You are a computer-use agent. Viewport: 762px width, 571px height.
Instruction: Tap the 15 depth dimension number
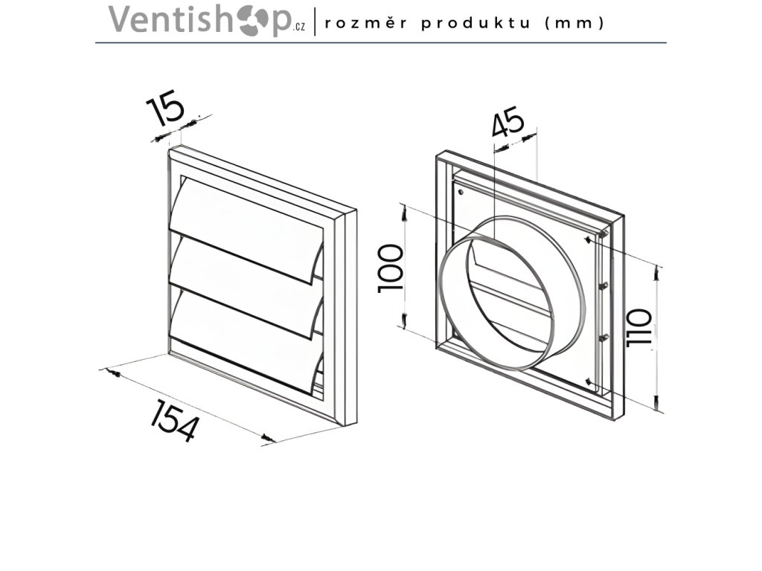point(165,109)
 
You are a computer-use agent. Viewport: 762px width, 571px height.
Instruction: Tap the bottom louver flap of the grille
point(246,327)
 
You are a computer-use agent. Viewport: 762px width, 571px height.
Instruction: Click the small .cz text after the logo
point(299,28)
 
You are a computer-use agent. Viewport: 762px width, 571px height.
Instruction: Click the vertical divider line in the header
point(316,22)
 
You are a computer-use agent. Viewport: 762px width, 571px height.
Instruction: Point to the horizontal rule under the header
point(381,42)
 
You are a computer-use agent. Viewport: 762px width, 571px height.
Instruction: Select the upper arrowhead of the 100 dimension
point(403,212)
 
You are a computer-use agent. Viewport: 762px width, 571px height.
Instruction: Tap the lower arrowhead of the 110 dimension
point(657,402)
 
